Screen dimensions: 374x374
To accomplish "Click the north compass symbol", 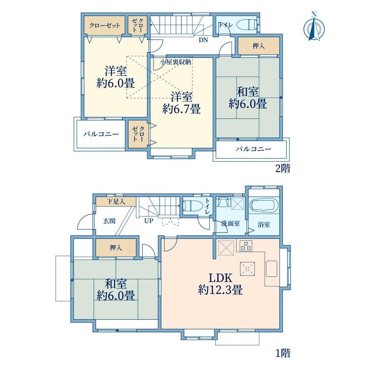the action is coord(314,28).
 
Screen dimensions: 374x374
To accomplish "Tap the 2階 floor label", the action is coord(283,169).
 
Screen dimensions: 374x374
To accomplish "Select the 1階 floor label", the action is coord(283,353).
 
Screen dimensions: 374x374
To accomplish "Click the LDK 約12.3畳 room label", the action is coord(220,284).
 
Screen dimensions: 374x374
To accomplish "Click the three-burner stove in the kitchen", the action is coord(246,246).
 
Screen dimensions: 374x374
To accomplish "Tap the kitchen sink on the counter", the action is coord(272,269).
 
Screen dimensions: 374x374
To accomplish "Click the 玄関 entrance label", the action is coord(109,221).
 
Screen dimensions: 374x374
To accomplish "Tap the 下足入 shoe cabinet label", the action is coord(115,202).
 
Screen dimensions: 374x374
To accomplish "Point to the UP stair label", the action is coord(149,221).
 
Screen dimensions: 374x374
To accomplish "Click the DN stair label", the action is coord(203,40).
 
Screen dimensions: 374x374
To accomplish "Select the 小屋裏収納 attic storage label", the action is coord(176,63).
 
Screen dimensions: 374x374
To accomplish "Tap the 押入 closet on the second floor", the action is coord(259,46).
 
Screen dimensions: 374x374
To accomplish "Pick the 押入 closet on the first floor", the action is coord(116,248).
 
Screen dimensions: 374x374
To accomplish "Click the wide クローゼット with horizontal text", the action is coord(104,25).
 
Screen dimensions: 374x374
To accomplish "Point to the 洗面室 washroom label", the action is coord(230,224).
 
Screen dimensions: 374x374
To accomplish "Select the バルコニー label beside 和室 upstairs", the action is coord(254,149).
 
